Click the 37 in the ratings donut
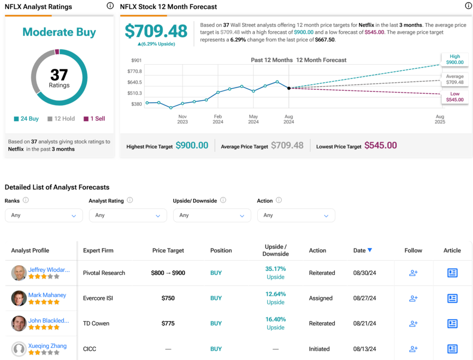tap(59, 75)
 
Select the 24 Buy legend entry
tap(26, 119)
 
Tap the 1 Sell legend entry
tap(94, 119)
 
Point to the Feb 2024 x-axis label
tap(218, 119)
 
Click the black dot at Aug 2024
tap(289, 88)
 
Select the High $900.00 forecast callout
tap(454, 60)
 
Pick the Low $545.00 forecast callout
tap(454, 97)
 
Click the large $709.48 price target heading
tap(156, 31)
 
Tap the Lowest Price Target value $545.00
tap(381, 146)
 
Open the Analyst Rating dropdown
tap(128, 215)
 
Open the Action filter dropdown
tap(296, 215)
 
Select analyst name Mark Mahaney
tap(47, 295)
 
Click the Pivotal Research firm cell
tap(104, 273)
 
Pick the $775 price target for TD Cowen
tap(168, 323)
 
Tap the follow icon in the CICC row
tap(413, 349)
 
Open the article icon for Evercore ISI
tap(452, 298)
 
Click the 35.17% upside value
tap(275, 269)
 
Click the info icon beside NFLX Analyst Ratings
tap(110, 6)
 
